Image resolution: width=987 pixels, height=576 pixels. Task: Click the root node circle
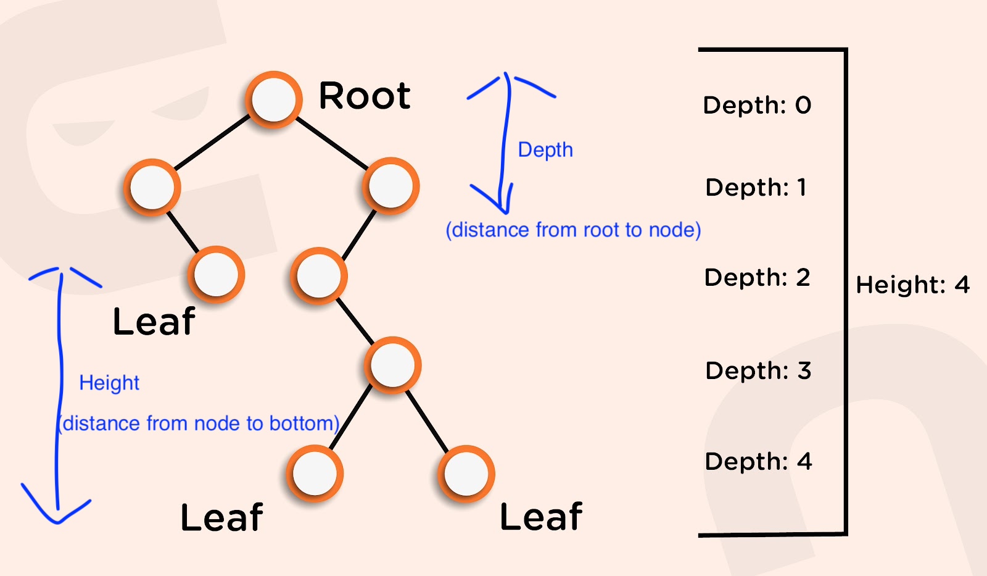(274, 99)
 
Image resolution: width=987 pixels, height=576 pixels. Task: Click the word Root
(365, 96)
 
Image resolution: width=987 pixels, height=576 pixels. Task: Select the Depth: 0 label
(757, 105)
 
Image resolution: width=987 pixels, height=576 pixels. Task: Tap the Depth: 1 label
(756, 187)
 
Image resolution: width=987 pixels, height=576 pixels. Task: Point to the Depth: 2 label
(757, 277)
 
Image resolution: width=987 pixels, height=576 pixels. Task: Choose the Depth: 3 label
(758, 370)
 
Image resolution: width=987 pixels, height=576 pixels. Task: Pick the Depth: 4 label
(758, 461)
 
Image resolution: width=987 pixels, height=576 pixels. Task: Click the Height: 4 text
(913, 285)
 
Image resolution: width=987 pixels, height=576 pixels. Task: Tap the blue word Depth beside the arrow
(545, 150)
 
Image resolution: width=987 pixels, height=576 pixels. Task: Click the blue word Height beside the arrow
(109, 383)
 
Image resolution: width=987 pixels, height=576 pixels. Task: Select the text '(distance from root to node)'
(573, 230)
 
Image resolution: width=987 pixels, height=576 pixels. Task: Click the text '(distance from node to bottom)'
(199, 424)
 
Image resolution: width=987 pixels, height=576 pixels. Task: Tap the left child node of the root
(152, 187)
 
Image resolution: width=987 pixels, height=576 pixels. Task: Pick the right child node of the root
(391, 186)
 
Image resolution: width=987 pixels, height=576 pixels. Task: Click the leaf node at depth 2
(216, 275)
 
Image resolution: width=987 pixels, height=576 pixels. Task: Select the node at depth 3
(393, 365)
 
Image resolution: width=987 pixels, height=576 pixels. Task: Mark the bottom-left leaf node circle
(315, 474)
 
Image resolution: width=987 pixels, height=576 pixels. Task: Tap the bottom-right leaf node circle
(466, 474)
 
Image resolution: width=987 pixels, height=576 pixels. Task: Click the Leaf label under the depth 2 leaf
(154, 322)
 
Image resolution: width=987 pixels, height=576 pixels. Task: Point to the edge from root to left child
(213, 143)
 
